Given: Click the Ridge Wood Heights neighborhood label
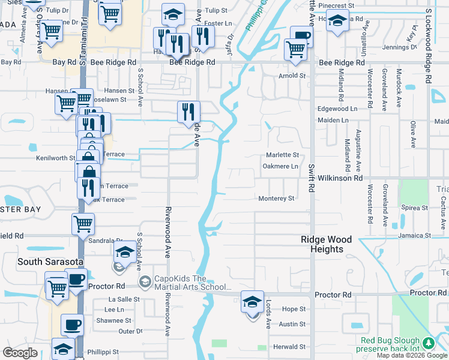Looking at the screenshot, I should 322,244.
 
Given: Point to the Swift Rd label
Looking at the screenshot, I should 312,179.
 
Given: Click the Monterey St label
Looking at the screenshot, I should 276,199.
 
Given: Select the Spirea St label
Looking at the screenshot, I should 415,208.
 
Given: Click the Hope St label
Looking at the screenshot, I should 294,309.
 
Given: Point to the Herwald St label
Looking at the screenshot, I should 290,347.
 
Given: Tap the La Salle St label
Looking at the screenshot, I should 124,299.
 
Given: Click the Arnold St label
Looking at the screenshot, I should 292,76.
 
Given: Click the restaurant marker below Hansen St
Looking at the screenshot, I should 188,111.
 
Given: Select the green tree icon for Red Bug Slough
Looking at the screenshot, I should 427,343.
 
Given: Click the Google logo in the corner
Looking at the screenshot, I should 20,353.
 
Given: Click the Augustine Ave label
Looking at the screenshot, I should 358,147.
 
